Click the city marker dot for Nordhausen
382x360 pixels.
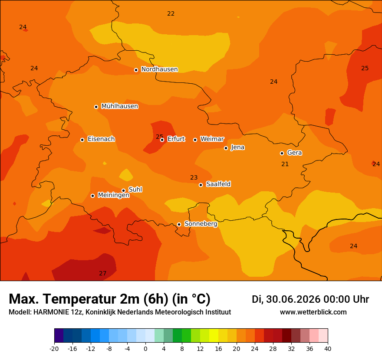[136, 70]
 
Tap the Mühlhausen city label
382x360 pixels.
[120, 106]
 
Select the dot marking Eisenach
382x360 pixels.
[82, 140]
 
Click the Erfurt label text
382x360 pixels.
[176, 139]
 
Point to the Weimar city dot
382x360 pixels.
[195, 140]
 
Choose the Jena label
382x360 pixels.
[237, 147]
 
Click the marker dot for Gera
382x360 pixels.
[282, 153]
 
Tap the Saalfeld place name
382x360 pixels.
[218, 184]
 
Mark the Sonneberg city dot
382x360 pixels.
[179, 224]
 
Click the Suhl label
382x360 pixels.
[135, 190]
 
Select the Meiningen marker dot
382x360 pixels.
[92, 196]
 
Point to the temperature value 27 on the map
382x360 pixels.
[102, 273]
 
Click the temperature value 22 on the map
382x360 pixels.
[171, 13]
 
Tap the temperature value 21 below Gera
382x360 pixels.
[285, 164]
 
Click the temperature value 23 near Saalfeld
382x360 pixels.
[194, 178]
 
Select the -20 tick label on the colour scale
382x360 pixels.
[54, 349]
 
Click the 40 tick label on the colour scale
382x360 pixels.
[328, 349]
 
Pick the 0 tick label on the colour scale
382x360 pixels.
[145, 349]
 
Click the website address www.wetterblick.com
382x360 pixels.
[313, 312]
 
